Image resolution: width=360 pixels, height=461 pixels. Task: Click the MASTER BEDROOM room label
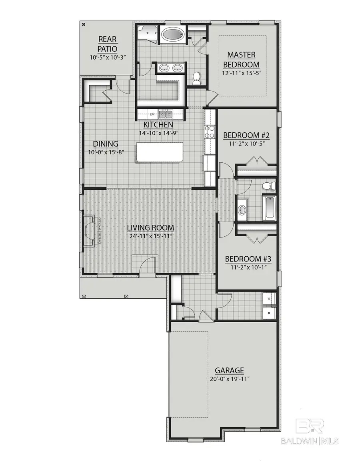(241, 60)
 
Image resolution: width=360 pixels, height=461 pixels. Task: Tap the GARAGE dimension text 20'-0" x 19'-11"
(229, 379)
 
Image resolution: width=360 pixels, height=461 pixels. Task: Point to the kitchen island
(159, 152)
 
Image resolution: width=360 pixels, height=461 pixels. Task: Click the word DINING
(106, 144)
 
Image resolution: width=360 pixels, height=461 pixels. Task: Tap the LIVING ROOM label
(150, 228)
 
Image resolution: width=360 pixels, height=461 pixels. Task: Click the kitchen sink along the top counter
(165, 114)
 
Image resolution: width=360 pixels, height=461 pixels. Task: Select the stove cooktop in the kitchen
(210, 132)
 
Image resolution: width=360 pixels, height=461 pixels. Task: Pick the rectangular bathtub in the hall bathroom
(270, 207)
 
